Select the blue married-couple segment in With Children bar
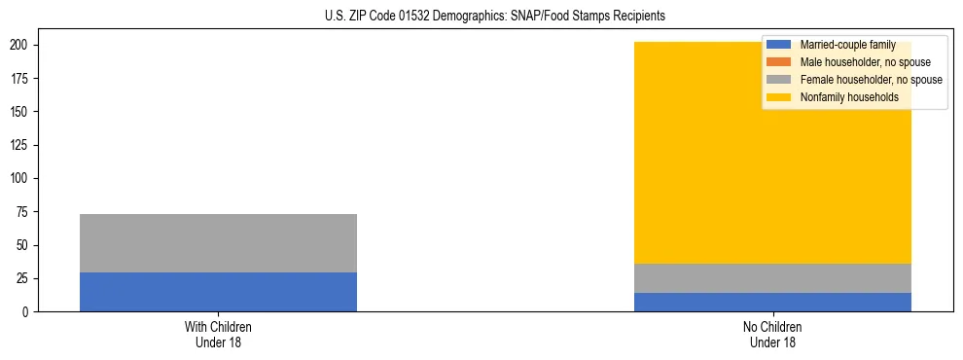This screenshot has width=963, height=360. coord(218,292)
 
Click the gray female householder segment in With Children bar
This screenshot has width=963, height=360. coord(218,243)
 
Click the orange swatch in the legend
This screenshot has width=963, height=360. coord(779,62)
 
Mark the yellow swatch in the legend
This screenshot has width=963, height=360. coord(779,97)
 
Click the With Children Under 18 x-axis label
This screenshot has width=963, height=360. coord(218,334)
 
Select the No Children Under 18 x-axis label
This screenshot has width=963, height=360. coord(772,334)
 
